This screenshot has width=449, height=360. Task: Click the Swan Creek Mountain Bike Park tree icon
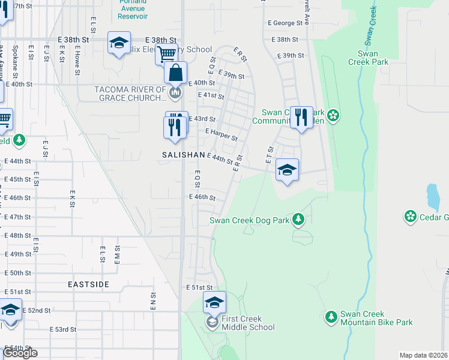coord(331,316)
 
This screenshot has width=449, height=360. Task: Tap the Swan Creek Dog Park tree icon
coord(298,220)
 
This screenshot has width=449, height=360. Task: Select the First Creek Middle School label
coord(248,323)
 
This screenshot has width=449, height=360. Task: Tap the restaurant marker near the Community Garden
coord(301,117)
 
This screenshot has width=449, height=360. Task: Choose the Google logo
coord(20,353)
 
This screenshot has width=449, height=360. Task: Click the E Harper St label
coord(221,134)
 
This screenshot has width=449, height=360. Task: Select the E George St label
coord(285,23)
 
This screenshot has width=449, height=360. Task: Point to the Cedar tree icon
coord(411,215)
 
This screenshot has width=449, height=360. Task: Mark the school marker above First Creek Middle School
coord(214,303)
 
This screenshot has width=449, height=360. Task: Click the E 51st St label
coord(199,288)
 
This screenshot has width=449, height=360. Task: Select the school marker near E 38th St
coord(119,43)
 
